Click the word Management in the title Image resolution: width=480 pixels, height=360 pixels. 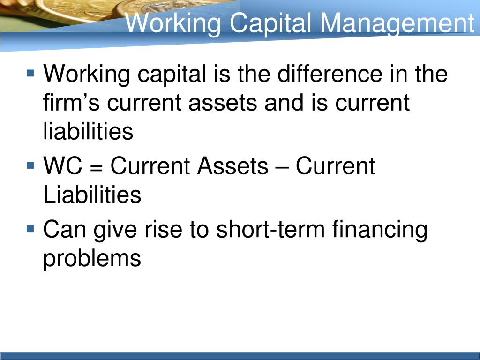[x=397, y=24]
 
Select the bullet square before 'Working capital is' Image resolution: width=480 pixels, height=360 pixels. [x=30, y=74]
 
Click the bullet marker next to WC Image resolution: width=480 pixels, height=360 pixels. [x=30, y=165]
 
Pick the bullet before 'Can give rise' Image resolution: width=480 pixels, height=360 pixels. [x=30, y=229]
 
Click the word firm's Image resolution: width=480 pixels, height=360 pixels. [x=71, y=102]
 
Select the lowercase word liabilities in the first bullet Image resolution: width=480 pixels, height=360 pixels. [x=88, y=131]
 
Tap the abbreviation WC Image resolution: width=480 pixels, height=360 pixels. [x=63, y=165]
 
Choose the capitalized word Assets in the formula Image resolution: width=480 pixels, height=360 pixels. [x=232, y=165]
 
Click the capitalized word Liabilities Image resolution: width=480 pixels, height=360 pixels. [x=92, y=194]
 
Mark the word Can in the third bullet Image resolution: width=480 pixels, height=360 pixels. [x=65, y=229]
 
